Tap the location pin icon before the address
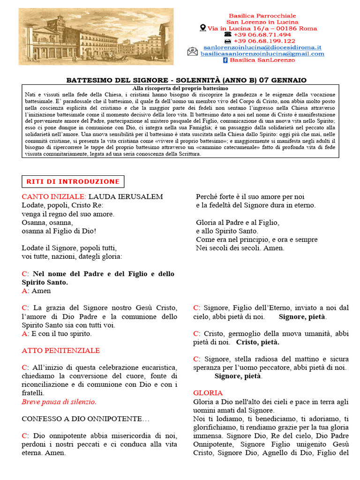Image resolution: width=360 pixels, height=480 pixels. click(203, 28)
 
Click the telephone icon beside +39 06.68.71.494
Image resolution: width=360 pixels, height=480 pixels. click(228, 35)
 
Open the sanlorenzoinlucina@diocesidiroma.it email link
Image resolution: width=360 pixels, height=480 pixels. click(262, 47)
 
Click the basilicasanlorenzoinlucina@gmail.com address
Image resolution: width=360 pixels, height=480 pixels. click(262, 53)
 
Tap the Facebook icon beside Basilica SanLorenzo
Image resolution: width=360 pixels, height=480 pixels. click(225, 60)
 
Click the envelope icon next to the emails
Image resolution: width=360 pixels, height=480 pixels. click(192, 51)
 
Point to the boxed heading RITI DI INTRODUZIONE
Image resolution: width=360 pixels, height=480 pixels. click(73, 181)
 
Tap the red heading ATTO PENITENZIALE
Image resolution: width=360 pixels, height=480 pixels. click(60, 350)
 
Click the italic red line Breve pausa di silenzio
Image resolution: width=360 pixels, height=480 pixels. click(59, 402)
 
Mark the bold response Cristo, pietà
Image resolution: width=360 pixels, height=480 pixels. click(257, 342)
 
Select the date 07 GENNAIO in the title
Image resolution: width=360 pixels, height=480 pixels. click(285, 80)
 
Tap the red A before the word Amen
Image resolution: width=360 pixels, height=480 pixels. click(24, 291)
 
